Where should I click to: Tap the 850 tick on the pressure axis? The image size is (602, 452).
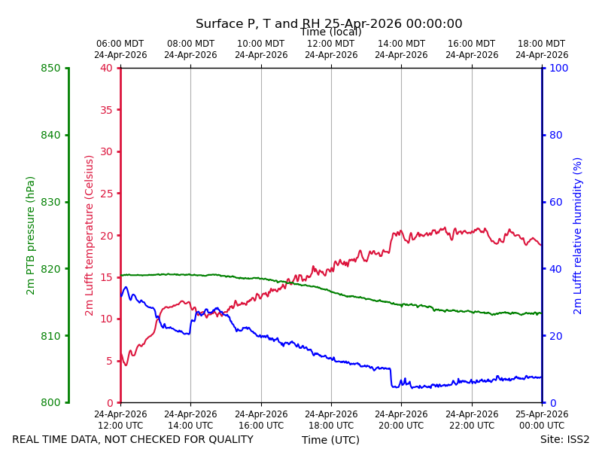point(50,69)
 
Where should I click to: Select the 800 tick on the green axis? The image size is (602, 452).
point(50,402)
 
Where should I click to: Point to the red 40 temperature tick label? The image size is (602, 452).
point(107,68)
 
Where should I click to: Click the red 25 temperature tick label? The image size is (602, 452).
point(107,194)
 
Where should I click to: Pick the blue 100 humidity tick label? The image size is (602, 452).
point(559,68)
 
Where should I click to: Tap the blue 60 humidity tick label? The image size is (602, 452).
point(556,202)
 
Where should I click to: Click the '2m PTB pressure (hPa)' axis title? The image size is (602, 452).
point(30,236)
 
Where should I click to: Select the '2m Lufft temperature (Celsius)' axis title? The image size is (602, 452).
point(89,236)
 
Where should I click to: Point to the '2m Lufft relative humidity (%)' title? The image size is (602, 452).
point(577,236)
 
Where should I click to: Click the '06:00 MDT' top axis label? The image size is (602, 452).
point(120,44)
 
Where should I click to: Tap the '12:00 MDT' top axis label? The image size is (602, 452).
point(331,44)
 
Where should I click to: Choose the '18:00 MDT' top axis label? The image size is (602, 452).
point(541,44)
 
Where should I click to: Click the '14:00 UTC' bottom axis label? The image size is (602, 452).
point(190,426)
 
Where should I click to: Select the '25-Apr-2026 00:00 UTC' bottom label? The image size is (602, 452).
point(542,420)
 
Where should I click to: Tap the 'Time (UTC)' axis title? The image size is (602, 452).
point(330,440)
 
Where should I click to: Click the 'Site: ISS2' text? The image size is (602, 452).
point(564,439)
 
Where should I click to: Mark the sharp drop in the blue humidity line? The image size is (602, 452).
point(391,377)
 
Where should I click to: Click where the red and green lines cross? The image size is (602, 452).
point(290,282)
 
